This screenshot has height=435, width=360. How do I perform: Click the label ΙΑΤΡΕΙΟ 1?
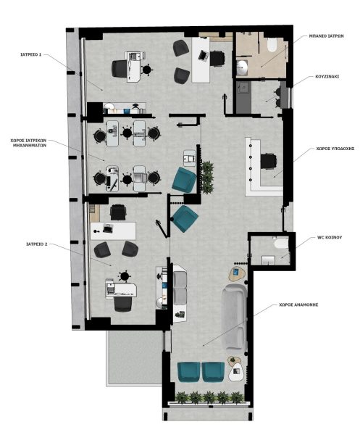click(x=30, y=54)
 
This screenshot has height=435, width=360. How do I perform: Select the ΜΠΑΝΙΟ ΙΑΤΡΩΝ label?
click(x=326, y=36)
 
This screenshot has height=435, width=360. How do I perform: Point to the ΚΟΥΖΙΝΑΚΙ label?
click(x=327, y=76)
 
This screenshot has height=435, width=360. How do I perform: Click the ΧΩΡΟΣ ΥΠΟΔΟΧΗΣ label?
click(x=335, y=149)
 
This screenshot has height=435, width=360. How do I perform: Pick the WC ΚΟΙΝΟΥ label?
click(x=330, y=238)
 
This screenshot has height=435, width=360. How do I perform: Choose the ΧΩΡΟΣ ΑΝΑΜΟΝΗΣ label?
click(x=298, y=304)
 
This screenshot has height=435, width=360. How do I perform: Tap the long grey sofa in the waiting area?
click(x=235, y=317)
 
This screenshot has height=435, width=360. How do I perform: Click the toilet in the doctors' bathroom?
click(x=272, y=44)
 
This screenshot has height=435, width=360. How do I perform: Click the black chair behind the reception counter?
click(x=268, y=161)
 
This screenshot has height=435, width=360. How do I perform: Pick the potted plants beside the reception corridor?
click(x=207, y=177)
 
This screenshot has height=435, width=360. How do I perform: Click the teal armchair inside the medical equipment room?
click(x=184, y=180)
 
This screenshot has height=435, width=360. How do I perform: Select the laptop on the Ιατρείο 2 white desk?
click(x=107, y=228)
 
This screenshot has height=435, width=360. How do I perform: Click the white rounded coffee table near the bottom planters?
click(x=236, y=373)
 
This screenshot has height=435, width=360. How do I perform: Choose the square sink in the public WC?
click(x=268, y=260)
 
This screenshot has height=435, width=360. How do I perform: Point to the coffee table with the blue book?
click(x=237, y=274)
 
